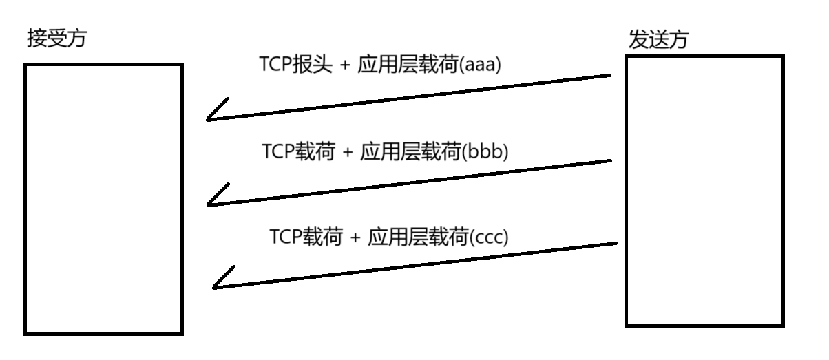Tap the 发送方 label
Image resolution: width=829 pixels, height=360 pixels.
659,40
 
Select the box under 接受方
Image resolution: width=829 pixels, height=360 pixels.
104,199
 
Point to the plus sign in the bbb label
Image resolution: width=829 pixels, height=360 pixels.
347,152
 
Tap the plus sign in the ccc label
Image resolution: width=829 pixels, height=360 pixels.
354,238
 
